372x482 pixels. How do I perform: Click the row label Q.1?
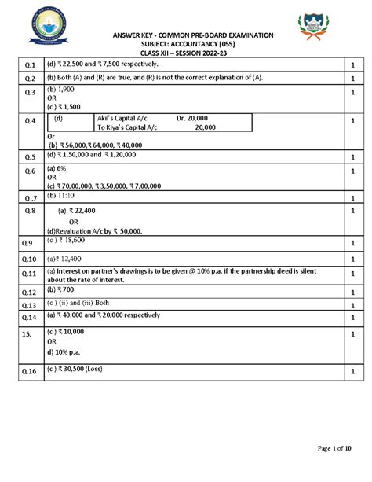coord(30,64)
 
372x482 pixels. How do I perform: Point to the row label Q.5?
coord(30,156)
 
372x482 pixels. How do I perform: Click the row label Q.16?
coord(30,370)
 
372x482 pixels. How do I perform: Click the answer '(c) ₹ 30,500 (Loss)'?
coord(82,369)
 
